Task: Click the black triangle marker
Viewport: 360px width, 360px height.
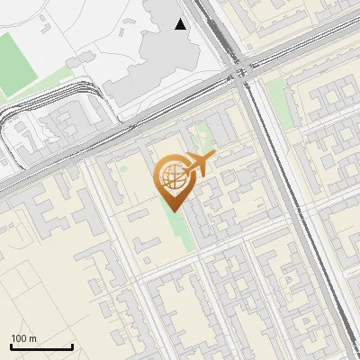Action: (181, 24)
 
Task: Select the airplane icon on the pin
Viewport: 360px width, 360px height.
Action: (197, 165)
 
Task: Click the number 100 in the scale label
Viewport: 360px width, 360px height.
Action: (19, 338)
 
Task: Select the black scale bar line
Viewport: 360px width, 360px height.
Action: (40, 347)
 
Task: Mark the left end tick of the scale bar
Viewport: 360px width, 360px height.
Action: (10, 346)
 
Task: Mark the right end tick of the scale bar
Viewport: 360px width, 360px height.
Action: (72, 346)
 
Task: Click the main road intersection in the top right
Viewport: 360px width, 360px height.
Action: (243, 72)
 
